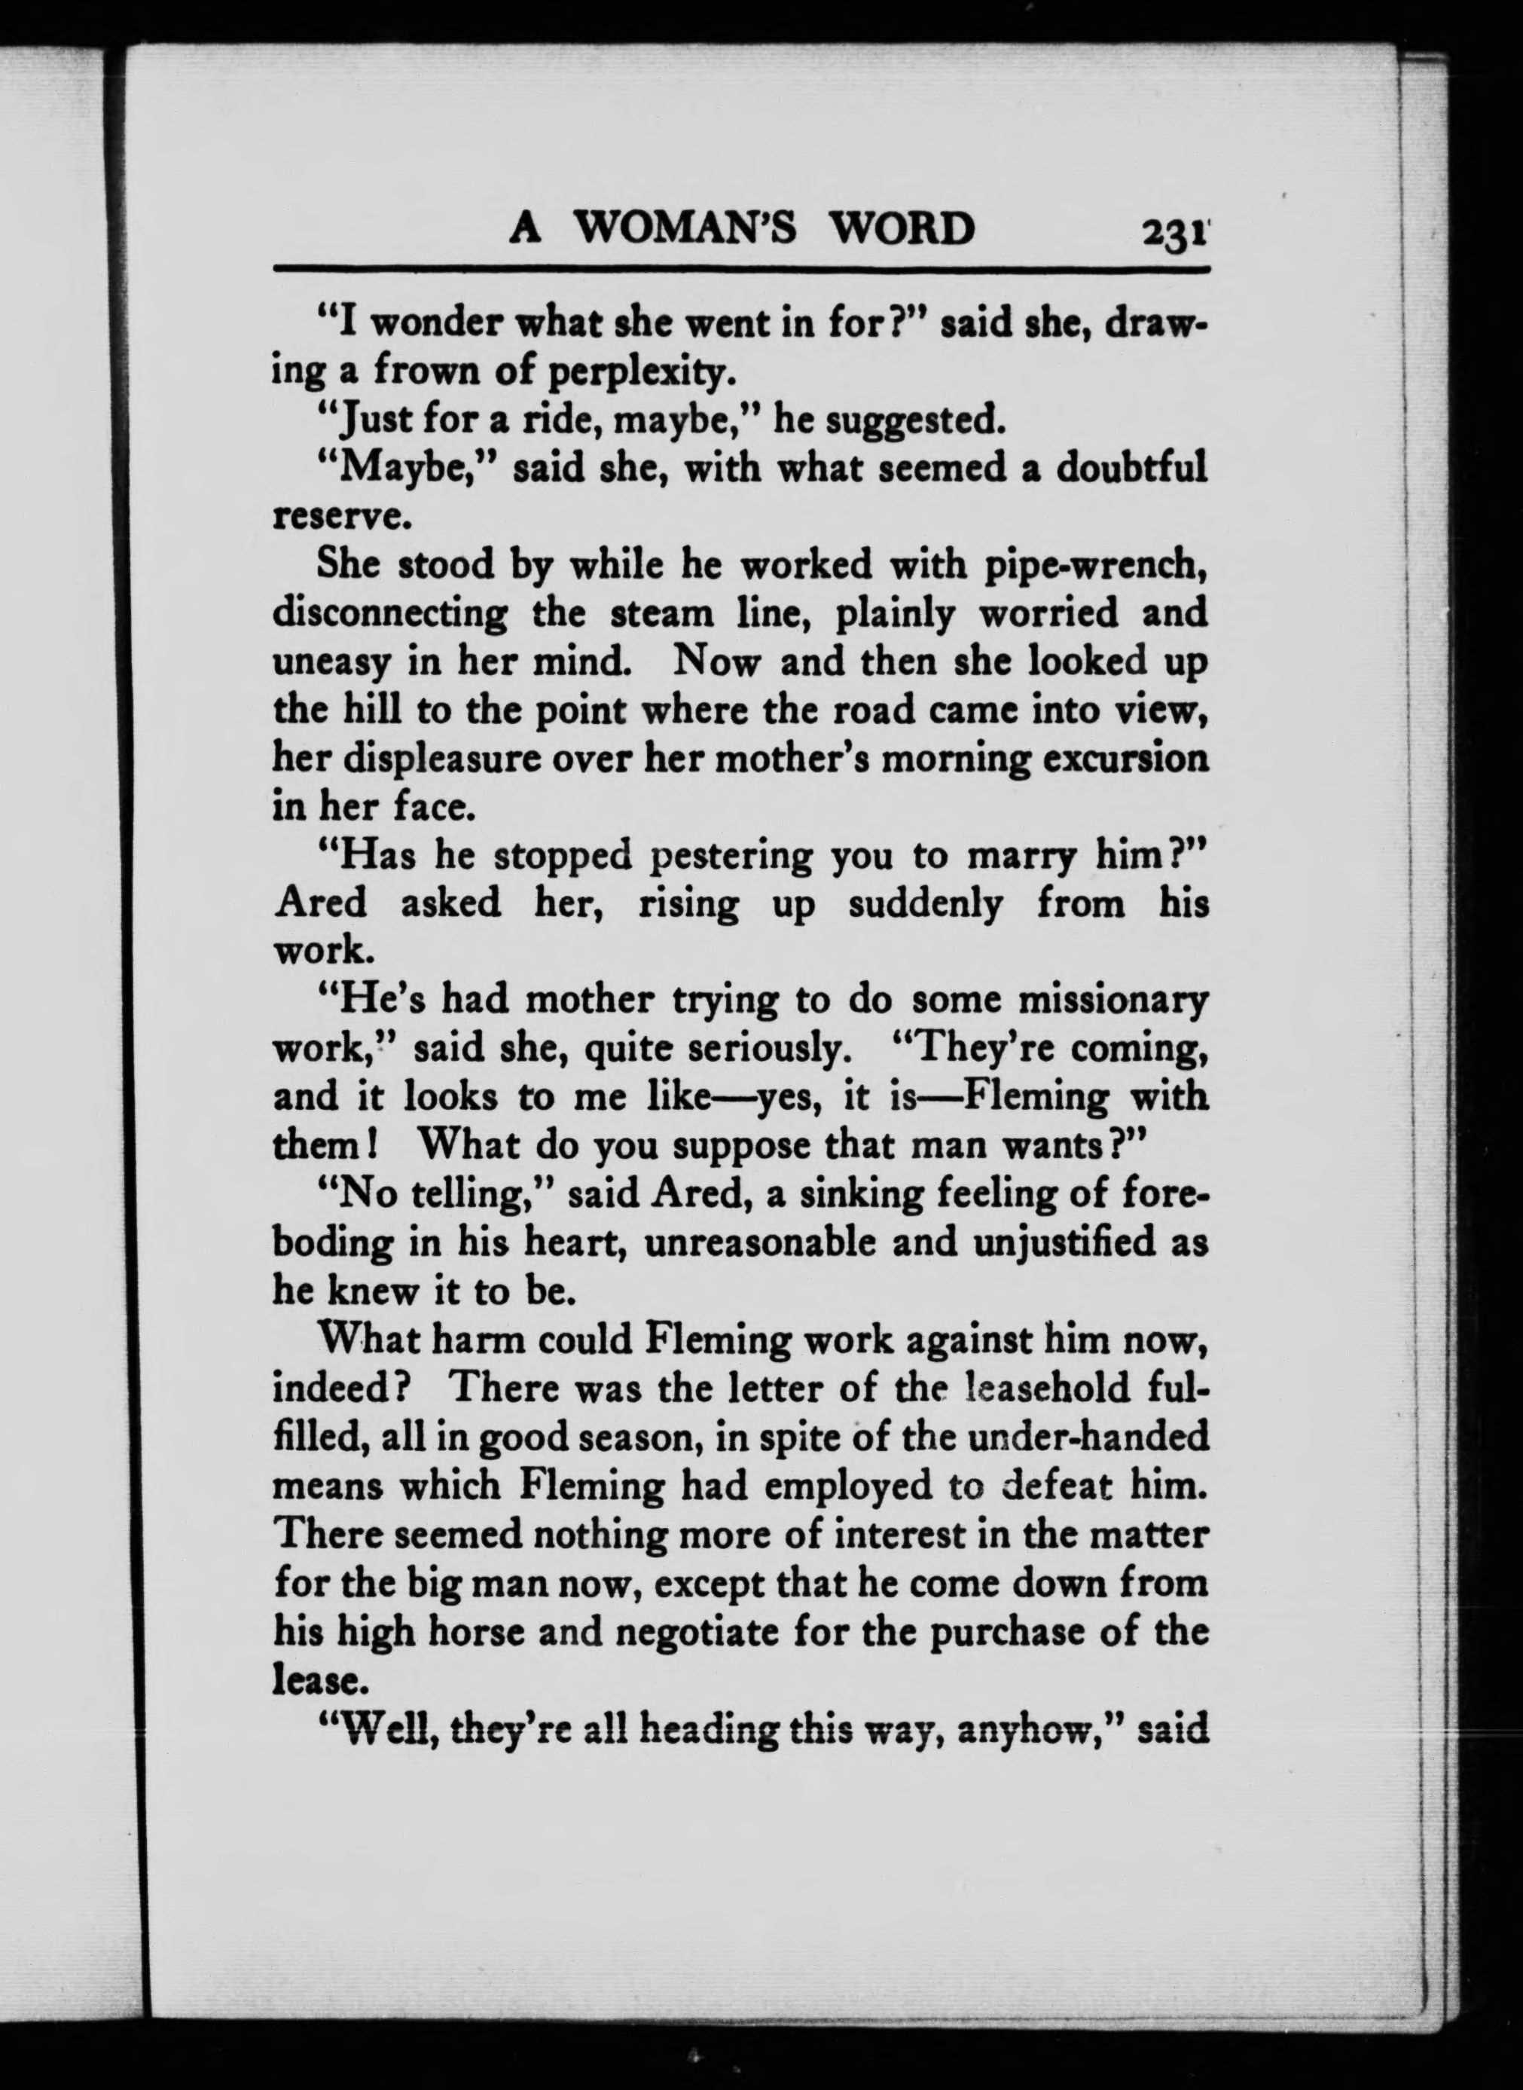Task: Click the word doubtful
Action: click(x=1131, y=469)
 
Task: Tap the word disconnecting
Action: click(x=390, y=614)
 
